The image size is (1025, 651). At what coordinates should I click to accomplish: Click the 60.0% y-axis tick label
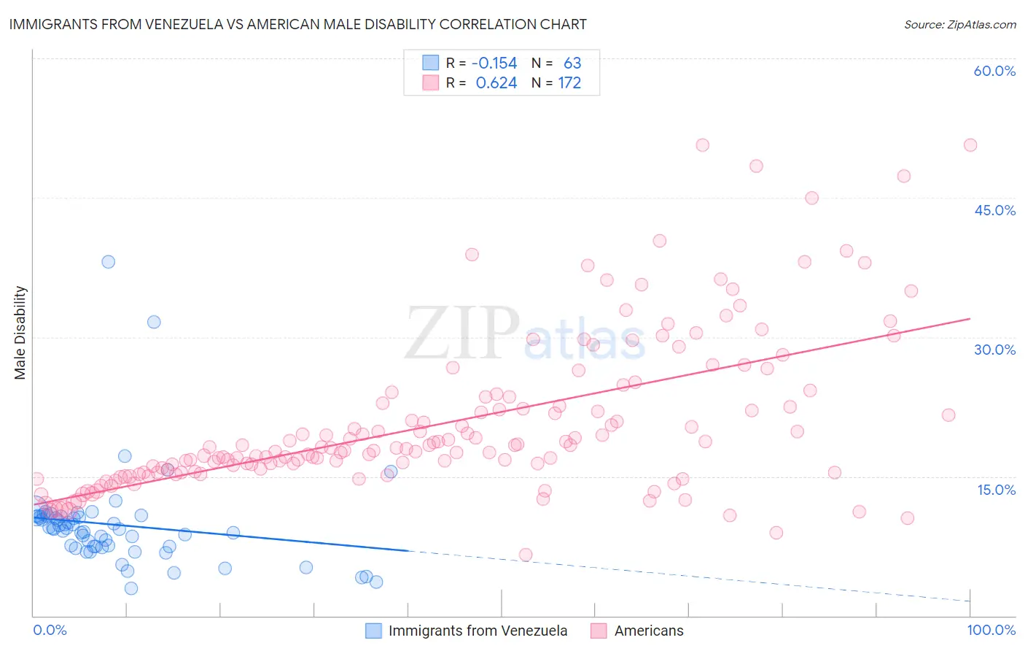pos(994,71)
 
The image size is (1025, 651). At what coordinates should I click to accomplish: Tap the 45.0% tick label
pos(994,210)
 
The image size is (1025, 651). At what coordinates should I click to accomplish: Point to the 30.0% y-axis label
pos(994,350)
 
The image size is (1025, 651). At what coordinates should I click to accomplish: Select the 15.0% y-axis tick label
pos(996,489)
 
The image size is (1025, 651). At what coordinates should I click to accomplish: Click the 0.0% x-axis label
pos(50,630)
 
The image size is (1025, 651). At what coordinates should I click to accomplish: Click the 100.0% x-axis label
pos(991,630)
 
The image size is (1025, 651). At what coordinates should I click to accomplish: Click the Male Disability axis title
pos(20,332)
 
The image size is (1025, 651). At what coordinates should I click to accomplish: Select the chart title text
pos(297,24)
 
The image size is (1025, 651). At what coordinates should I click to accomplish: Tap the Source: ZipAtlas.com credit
pos(959,24)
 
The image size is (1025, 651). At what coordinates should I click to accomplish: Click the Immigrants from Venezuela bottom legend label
pos(478,631)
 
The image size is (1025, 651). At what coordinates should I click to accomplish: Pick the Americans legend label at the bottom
pos(649,631)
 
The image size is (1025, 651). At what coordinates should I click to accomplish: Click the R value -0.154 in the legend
pos(494,63)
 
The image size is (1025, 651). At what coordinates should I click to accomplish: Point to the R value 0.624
pos(496,83)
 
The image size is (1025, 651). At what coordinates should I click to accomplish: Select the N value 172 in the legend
pos(569,83)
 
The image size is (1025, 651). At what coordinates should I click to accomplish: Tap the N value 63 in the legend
pos(572,63)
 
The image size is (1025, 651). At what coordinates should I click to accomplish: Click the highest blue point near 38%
pos(108,261)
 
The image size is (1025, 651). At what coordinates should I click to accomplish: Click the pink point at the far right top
pos(970,145)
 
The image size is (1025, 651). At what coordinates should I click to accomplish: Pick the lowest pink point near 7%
pos(525,555)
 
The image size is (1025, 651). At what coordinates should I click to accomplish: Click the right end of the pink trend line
pos(970,319)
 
